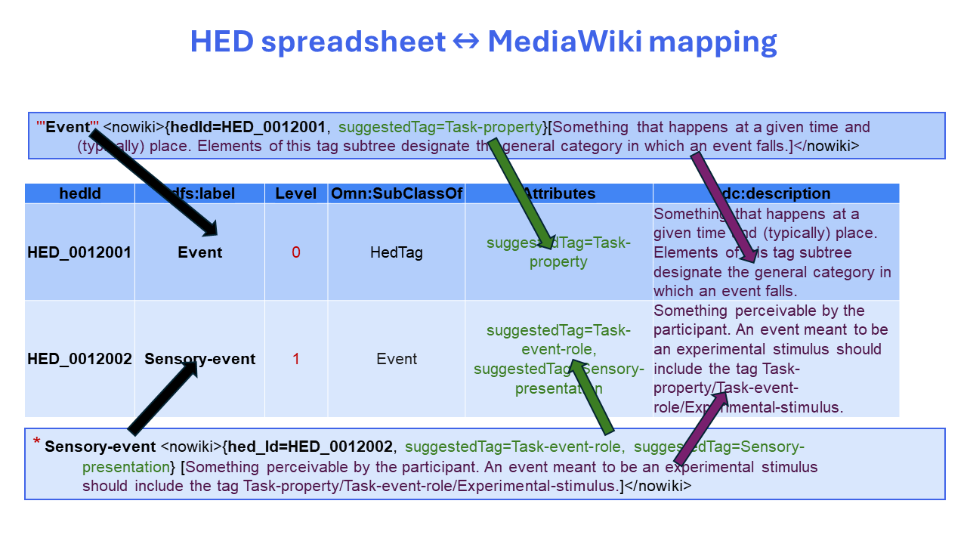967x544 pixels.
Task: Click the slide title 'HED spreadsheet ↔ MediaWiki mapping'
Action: pos(483,42)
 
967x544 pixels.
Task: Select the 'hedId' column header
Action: pos(79,194)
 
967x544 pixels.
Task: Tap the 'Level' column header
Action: pos(295,194)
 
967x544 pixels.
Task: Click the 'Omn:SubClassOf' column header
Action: pos(396,194)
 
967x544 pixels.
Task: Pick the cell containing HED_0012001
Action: pos(79,252)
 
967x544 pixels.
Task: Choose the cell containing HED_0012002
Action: pos(79,359)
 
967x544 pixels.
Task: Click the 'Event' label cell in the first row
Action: pos(199,252)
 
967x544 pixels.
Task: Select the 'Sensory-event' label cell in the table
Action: pos(199,359)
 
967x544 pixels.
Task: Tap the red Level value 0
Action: pos(295,252)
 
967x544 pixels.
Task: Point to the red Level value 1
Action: pos(295,359)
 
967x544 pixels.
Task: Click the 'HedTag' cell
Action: pos(396,252)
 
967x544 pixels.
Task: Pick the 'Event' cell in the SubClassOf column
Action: pos(396,359)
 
